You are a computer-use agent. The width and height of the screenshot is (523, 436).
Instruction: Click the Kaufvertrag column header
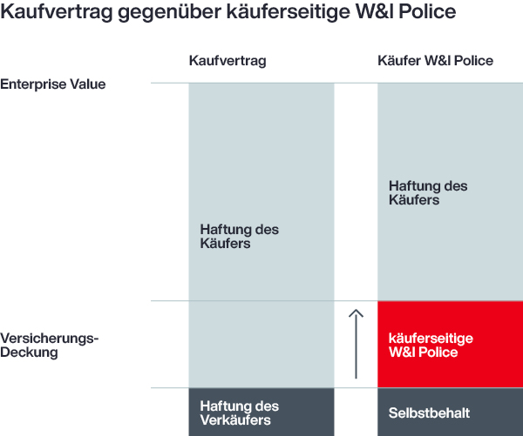228,61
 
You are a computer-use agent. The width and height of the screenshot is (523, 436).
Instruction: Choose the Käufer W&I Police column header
435,61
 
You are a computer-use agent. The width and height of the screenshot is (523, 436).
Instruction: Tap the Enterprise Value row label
52,84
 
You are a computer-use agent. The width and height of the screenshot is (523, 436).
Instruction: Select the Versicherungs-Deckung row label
50,345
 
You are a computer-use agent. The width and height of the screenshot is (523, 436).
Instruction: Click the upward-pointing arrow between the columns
355,344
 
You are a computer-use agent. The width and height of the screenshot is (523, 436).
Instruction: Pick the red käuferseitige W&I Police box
450,345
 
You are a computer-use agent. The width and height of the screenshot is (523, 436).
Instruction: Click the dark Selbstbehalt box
450,413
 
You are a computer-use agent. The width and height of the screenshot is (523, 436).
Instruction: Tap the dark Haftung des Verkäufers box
261,413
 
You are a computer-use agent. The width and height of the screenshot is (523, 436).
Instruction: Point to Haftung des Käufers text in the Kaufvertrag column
239,237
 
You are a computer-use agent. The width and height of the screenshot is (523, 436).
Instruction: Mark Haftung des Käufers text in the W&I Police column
428,193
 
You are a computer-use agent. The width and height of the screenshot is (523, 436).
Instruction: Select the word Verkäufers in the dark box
235,420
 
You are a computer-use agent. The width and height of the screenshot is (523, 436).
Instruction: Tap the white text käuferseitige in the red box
430,339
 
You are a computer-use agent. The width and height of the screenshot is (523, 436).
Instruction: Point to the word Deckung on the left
29,352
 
